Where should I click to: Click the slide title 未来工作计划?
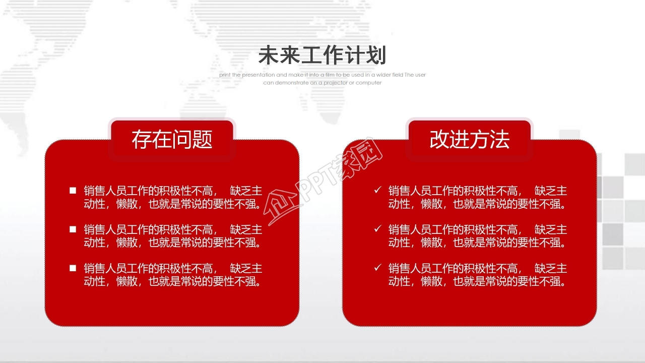click(x=322, y=55)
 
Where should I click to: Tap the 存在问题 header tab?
click(x=172, y=139)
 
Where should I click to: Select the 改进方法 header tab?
click(x=469, y=139)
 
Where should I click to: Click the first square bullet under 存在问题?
click(x=73, y=191)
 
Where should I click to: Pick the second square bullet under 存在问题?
click(x=73, y=229)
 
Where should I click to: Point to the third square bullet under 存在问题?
click(x=73, y=268)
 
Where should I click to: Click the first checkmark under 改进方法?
click(x=377, y=190)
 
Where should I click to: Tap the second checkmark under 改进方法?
click(x=377, y=229)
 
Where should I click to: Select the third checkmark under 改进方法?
click(x=377, y=267)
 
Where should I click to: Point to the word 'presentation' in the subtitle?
click(x=258, y=75)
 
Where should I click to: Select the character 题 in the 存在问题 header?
click(x=202, y=139)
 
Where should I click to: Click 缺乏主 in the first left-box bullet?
click(x=246, y=191)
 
